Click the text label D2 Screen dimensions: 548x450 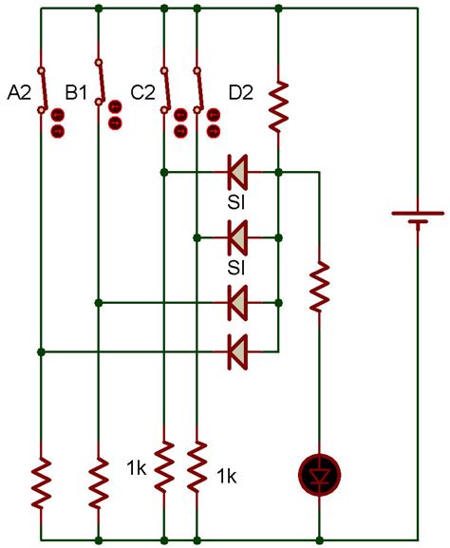pos(241,92)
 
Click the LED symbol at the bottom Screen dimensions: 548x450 pos(320,474)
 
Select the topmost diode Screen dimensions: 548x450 pos(238,173)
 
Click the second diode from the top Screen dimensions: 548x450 pos(238,234)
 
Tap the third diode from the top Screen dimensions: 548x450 pos(238,304)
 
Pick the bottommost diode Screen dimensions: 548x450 pos(238,351)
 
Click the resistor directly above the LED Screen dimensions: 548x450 pos(320,285)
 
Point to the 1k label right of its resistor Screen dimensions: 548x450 pos(227,476)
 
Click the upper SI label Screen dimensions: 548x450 pos(237,203)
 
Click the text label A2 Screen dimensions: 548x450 pos(20,92)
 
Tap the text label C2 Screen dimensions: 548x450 pos(143,92)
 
